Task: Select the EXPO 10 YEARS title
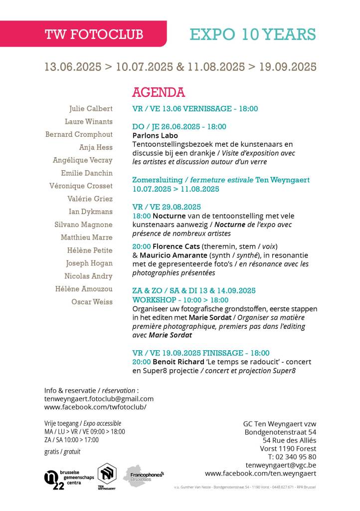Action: point(253,34)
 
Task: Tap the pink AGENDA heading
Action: point(159,92)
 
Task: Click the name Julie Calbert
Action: point(91,109)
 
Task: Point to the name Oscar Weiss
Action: point(92,302)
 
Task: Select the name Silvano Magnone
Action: point(83,225)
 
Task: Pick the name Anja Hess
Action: point(96,147)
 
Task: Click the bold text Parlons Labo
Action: point(155,135)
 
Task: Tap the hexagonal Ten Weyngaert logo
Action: point(106,475)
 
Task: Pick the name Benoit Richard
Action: point(176,362)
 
